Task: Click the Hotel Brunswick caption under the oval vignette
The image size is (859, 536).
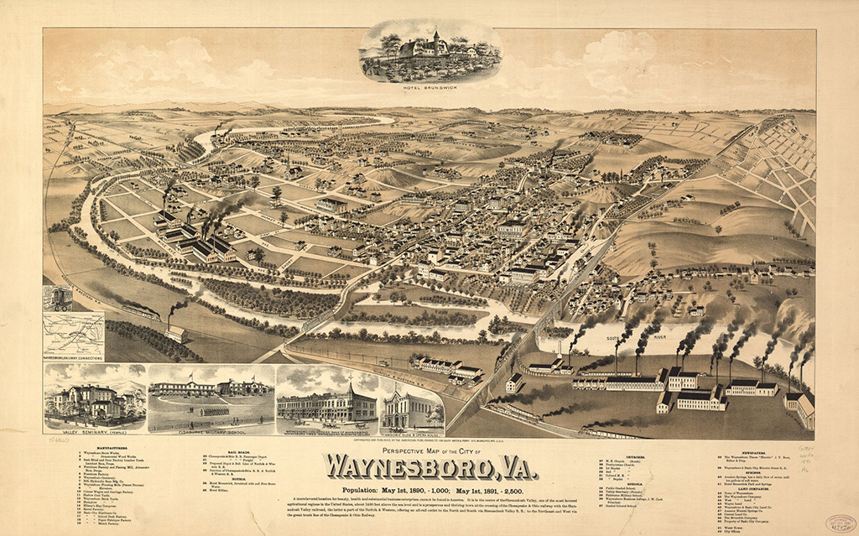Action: tap(431, 90)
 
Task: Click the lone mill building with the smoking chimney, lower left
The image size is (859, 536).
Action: tap(177, 333)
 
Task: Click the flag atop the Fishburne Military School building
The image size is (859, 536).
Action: tap(190, 377)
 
